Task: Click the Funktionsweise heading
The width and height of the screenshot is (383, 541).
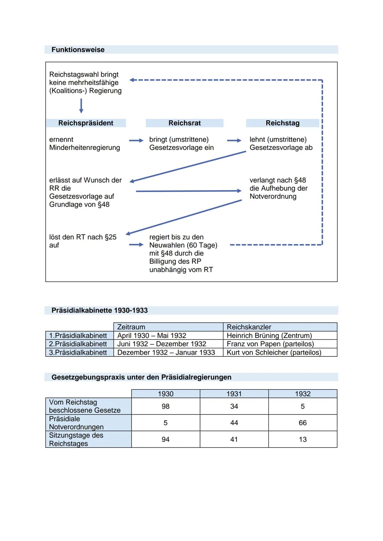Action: [x=78, y=50]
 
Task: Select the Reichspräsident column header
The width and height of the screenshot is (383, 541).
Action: [x=86, y=123]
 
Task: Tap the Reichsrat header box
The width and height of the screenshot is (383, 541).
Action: [x=184, y=123]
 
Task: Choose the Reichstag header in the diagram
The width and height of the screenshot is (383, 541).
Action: [x=282, y=123]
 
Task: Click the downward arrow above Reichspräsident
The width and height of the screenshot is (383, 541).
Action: [x=81, y=106]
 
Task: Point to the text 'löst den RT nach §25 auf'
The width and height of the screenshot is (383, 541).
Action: [x=83, y=241]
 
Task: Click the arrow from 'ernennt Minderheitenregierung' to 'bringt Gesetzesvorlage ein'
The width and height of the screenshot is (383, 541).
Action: [x=136, y=141]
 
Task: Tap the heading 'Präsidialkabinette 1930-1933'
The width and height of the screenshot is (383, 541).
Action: [x=99, y=310]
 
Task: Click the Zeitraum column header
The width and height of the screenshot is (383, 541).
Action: [x=131, y=327]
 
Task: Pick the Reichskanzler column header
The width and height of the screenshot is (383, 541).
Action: [x=249, y=327]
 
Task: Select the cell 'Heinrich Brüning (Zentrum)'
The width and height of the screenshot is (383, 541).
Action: [x=269, y=336]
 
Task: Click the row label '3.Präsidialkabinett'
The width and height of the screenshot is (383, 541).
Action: [x=78, y=353]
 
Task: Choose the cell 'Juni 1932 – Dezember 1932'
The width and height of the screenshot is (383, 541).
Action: [x=162, y=344]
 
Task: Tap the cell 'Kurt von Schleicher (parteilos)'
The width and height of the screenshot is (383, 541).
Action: [x=274, y=353]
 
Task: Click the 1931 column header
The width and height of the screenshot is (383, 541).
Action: [x=234, y=394]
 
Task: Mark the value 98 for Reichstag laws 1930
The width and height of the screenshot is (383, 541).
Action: [x=166, y=406]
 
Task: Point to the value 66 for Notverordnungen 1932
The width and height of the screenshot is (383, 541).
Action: [x=302, y=423]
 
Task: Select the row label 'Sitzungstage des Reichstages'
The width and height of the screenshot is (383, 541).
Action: [x=76, y=439]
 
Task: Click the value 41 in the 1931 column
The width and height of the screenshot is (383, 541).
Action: [x=234, y=439]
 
